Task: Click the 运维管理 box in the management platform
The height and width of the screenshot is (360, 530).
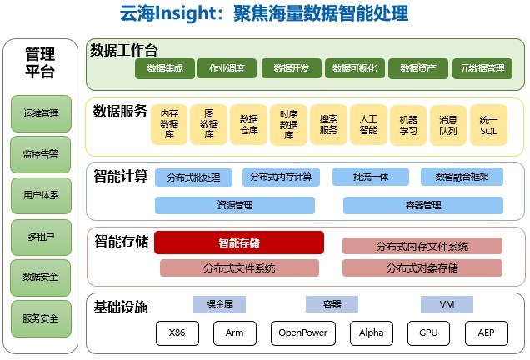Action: point(41,113)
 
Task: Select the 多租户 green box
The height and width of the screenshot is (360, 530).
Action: point(41,237)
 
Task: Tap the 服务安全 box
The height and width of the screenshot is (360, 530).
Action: point(41,318)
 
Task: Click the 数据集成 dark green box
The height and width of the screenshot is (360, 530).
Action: point(165,68)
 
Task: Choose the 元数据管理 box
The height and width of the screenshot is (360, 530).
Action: point(482,68)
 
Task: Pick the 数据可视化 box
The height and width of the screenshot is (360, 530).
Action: point(355,68)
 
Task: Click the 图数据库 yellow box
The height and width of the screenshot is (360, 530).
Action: point(209,124)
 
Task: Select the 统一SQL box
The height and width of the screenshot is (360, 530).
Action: point(488,125)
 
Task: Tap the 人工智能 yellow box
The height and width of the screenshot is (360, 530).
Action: point(369,125)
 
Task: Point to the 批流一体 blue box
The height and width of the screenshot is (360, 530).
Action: point(371,177)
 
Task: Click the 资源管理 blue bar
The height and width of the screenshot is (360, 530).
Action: point(235,205)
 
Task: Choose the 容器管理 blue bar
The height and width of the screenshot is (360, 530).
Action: point(423,205)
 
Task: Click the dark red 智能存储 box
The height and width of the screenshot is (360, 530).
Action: point(239,242)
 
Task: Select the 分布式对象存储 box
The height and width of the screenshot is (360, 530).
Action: point(422,268)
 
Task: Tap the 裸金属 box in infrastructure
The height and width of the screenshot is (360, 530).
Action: point(220,304)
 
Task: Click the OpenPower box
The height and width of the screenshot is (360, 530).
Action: point(303,333)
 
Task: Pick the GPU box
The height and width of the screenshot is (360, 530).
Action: point(428,333)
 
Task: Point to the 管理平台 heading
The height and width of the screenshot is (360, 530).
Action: point(40,62)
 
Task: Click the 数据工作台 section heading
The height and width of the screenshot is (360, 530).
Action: point(123,50)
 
